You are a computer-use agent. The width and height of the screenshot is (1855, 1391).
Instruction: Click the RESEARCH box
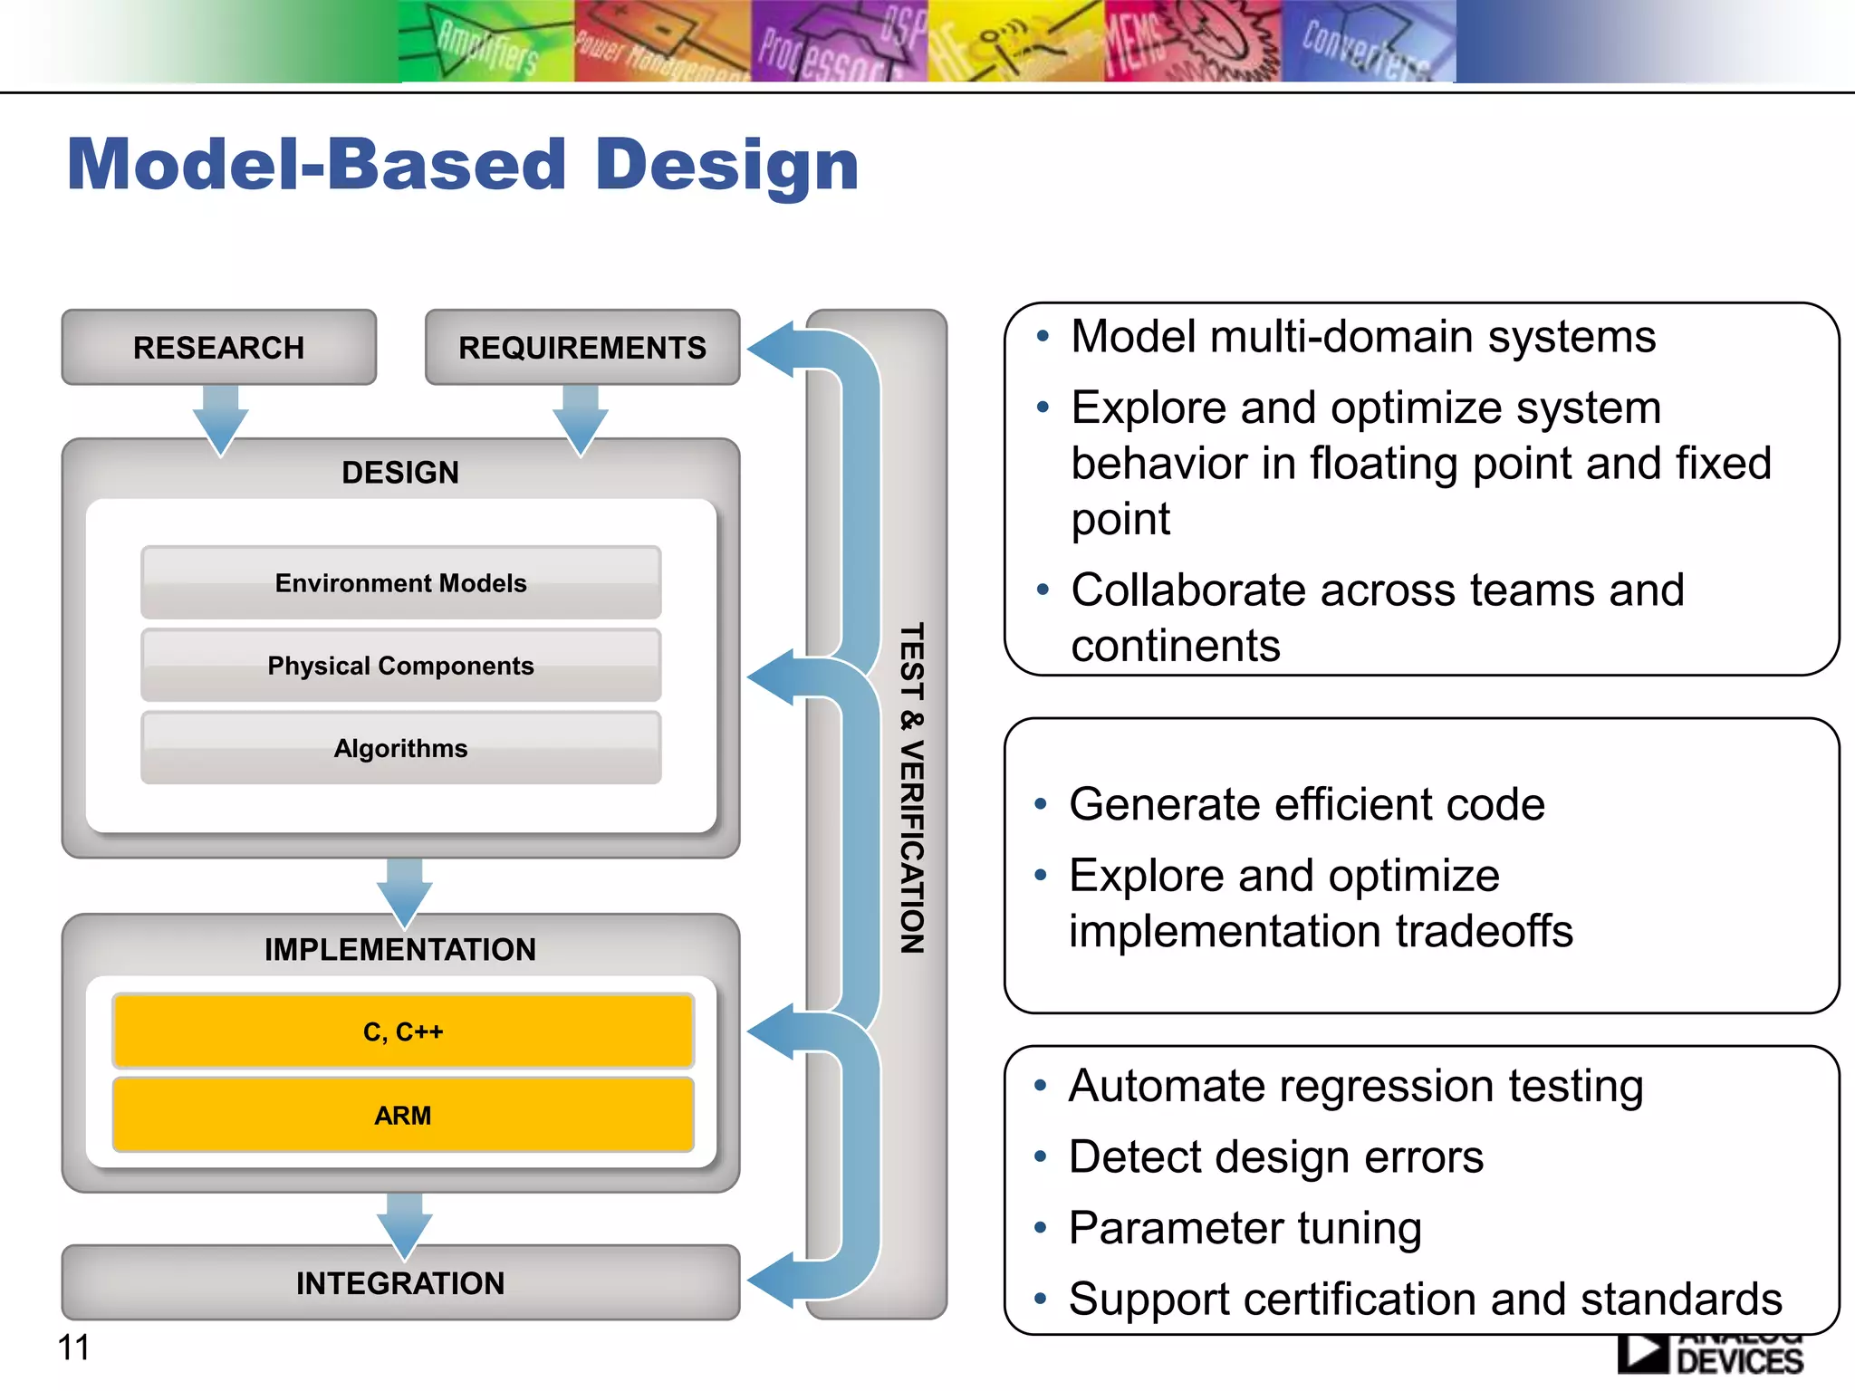(218, 348)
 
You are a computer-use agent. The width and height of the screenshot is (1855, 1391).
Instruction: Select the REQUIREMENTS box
(581, 348)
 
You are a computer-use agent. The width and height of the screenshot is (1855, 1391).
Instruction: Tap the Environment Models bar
(400, 583)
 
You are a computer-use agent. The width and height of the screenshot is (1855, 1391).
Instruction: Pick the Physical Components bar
(400, 666)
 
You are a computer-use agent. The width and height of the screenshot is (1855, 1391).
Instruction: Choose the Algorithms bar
(400, 748)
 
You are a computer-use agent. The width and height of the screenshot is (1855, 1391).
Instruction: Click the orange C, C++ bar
(403, 1031)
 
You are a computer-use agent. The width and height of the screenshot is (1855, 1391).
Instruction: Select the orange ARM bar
(403, 1115)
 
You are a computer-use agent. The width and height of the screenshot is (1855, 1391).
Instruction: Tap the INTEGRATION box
(400, 1283)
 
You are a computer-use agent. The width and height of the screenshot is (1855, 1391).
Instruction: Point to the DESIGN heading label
(400, 473)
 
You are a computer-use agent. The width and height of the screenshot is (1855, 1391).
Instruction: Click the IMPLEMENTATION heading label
(400, 949)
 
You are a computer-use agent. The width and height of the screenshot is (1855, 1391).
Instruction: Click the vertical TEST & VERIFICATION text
(911, 788)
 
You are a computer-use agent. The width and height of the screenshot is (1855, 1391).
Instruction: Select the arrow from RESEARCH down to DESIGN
(220, 418)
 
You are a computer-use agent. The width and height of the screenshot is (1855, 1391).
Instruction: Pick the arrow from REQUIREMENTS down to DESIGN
(581, 418)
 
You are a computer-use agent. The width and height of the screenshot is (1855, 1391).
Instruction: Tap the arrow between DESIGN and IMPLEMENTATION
(404, 891)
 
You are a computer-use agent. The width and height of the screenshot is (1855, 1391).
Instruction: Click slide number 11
(73, 1348)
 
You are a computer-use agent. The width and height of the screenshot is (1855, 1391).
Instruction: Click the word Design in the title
(726, 166)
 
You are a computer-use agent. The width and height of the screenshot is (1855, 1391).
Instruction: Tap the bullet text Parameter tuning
(1245, 1228)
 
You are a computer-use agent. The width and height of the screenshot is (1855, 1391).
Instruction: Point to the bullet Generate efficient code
(1306, 804)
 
